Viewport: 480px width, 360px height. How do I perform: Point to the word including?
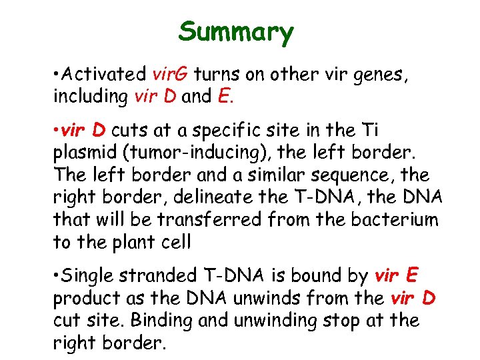pyautogui.click(x=90, y=97)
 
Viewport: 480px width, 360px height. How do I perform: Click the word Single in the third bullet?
pyautogui.click(x=88, y=275)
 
